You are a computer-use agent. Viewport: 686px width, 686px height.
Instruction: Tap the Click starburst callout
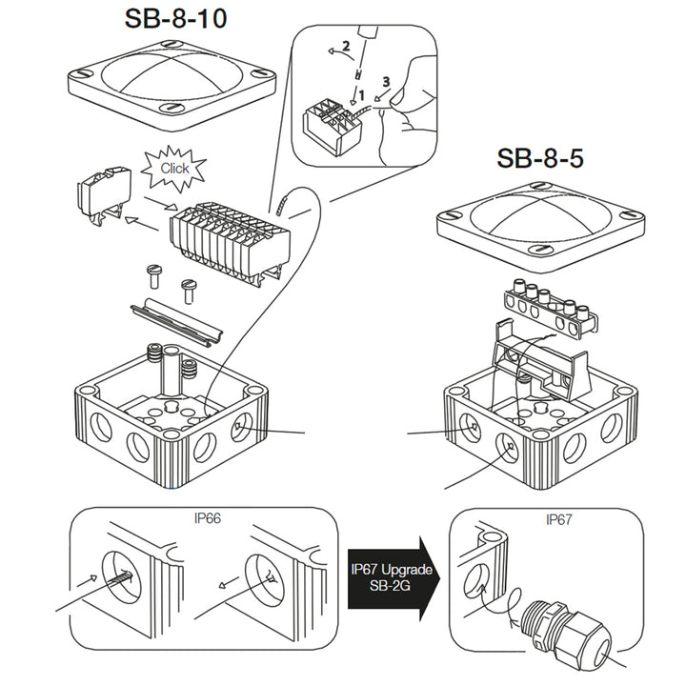pos(174,168)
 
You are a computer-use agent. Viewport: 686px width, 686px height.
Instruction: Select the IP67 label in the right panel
pos(559,520)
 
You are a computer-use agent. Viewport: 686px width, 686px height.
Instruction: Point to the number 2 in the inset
pos(348,45)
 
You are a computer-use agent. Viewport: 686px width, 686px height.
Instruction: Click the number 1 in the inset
pos(363,95)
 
